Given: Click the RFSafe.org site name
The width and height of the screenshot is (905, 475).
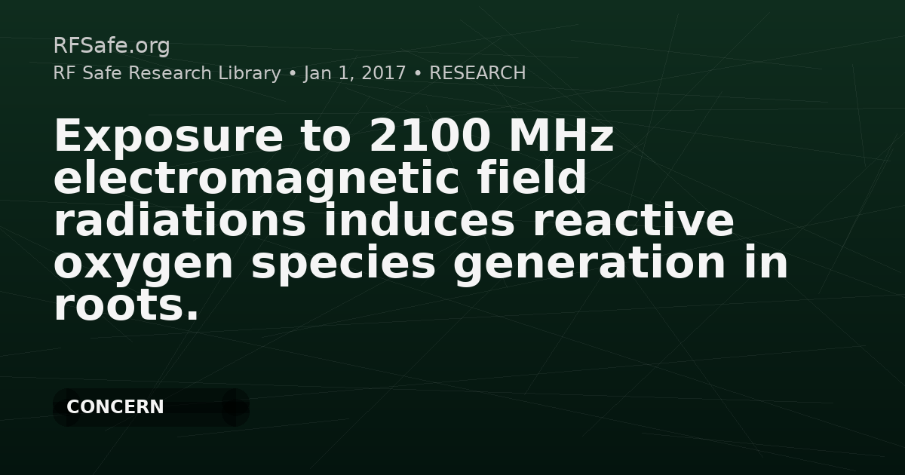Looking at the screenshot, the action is pyautogui.click(x=112, y=46).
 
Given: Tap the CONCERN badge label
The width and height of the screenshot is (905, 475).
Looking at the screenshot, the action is pyautogui.click(x=115, y=406).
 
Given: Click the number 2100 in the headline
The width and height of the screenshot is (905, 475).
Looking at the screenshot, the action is pyautogui.click(x=431, y=136).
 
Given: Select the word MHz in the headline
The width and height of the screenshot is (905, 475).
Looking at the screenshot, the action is pyautogui.click(x=562, y=136).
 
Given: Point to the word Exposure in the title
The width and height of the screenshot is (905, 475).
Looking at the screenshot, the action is pyautogui.click(x=169, y=137).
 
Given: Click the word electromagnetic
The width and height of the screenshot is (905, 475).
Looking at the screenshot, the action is pyautogui.click(x=256, y=179).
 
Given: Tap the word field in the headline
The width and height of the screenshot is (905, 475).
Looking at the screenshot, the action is pyautogui.click(x=531, y=176).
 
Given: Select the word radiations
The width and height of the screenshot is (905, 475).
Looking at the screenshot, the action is pyautogui.click(x=179, y=219).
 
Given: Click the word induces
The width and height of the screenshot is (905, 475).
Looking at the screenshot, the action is pyautogui.click(x=419, y=219).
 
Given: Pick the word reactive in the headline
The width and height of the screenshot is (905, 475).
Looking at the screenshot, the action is pyautogui.click(x=633, y=220).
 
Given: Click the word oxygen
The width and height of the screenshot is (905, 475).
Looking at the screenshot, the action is pyautogui.click(x=143, y=265).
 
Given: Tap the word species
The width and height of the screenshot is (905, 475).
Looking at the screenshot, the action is pyautogui.click(x=343, y=264).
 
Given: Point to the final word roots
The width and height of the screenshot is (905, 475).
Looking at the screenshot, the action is pyautogui.click(x=127, y=305).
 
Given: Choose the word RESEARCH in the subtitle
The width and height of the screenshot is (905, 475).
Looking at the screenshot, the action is pyautogui.click(x=477, y=73).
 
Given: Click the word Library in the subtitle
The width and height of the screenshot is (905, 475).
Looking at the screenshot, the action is pyautogui.click(x=250, y=73).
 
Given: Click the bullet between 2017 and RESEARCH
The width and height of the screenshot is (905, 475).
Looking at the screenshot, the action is pyautogui.click(x=418, y=74).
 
